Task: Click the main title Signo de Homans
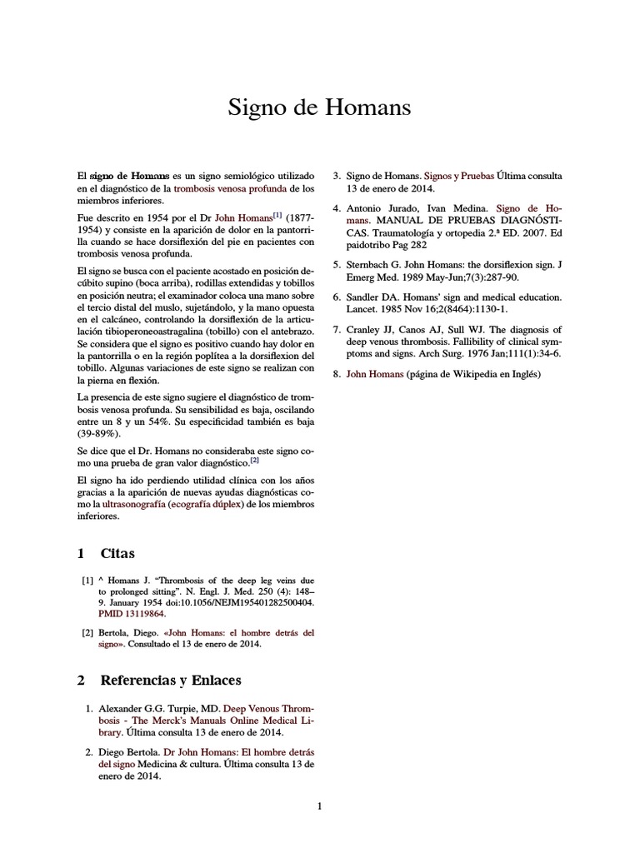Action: pos(319,108)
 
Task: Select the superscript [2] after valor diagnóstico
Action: pos(255,460)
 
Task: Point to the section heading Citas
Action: pos(117,554)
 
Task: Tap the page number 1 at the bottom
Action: pos(319,806)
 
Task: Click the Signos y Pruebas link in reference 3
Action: pos(458,177)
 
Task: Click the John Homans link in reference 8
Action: pos(374,374)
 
